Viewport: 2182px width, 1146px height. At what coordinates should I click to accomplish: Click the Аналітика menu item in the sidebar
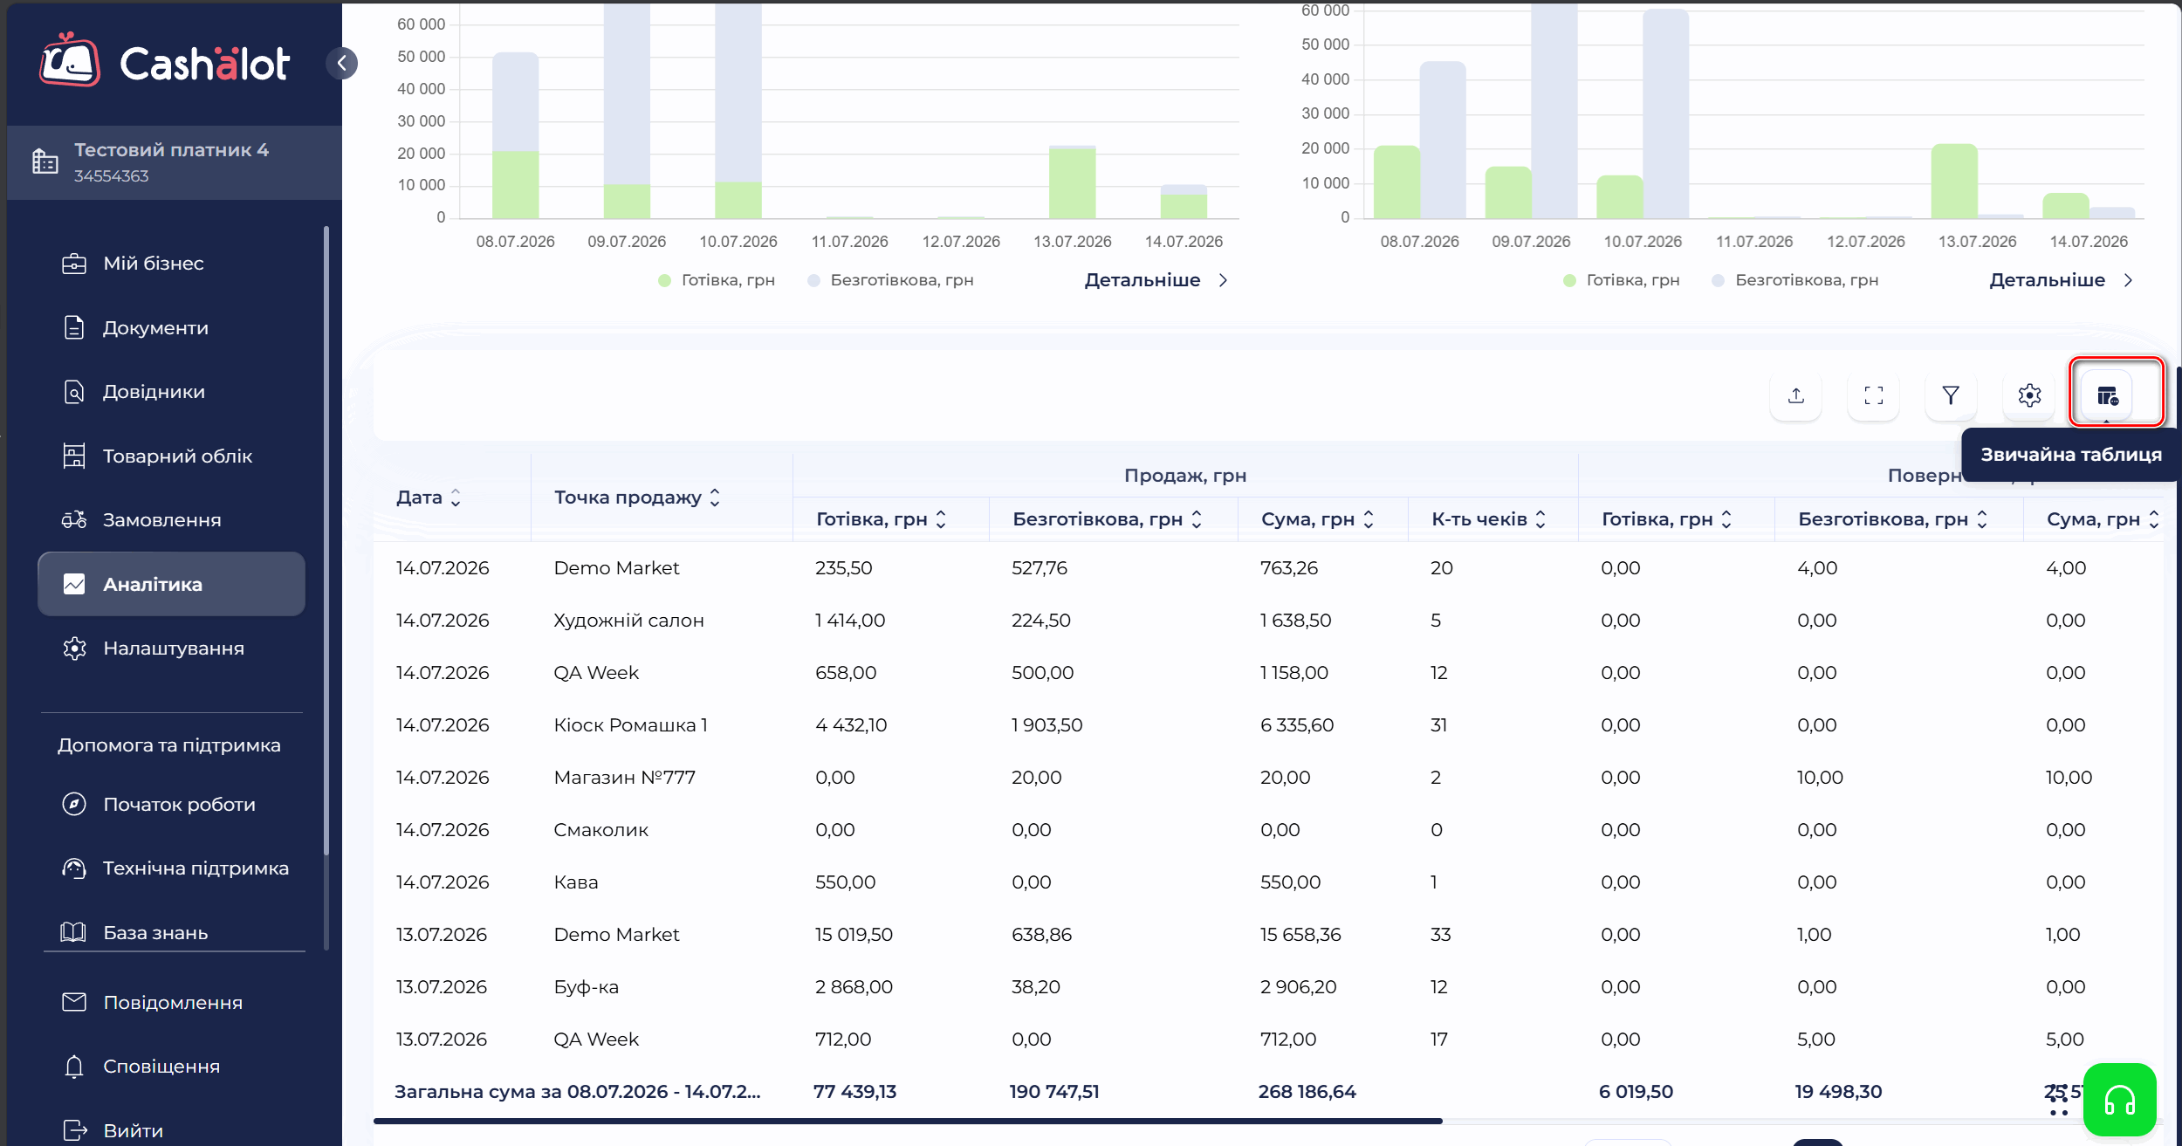171,584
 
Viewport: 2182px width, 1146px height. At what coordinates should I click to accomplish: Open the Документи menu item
155,328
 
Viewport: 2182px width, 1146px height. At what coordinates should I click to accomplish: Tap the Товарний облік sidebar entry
177,456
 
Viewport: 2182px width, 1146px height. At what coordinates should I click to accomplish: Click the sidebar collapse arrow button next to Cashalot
342,63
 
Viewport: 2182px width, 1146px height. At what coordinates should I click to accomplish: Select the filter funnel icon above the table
1951,395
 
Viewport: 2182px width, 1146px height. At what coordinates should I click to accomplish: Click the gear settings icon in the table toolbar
2029,395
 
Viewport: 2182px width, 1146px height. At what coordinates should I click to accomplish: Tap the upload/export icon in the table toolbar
1795,395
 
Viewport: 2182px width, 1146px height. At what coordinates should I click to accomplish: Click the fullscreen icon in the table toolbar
1873,395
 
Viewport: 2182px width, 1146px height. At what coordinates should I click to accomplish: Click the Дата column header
429,498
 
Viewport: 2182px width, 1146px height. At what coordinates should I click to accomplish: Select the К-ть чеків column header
1488,519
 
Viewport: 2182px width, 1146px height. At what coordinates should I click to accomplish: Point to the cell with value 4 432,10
851,725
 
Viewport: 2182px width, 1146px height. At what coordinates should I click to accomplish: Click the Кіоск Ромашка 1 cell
630,725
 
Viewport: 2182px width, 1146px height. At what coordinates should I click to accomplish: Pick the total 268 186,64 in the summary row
1307,1092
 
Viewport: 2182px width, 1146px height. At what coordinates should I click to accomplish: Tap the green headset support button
2119,1100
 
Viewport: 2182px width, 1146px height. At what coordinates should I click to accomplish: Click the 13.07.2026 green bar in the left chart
1072,183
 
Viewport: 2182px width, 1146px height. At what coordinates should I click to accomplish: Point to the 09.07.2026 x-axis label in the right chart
1531,242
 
